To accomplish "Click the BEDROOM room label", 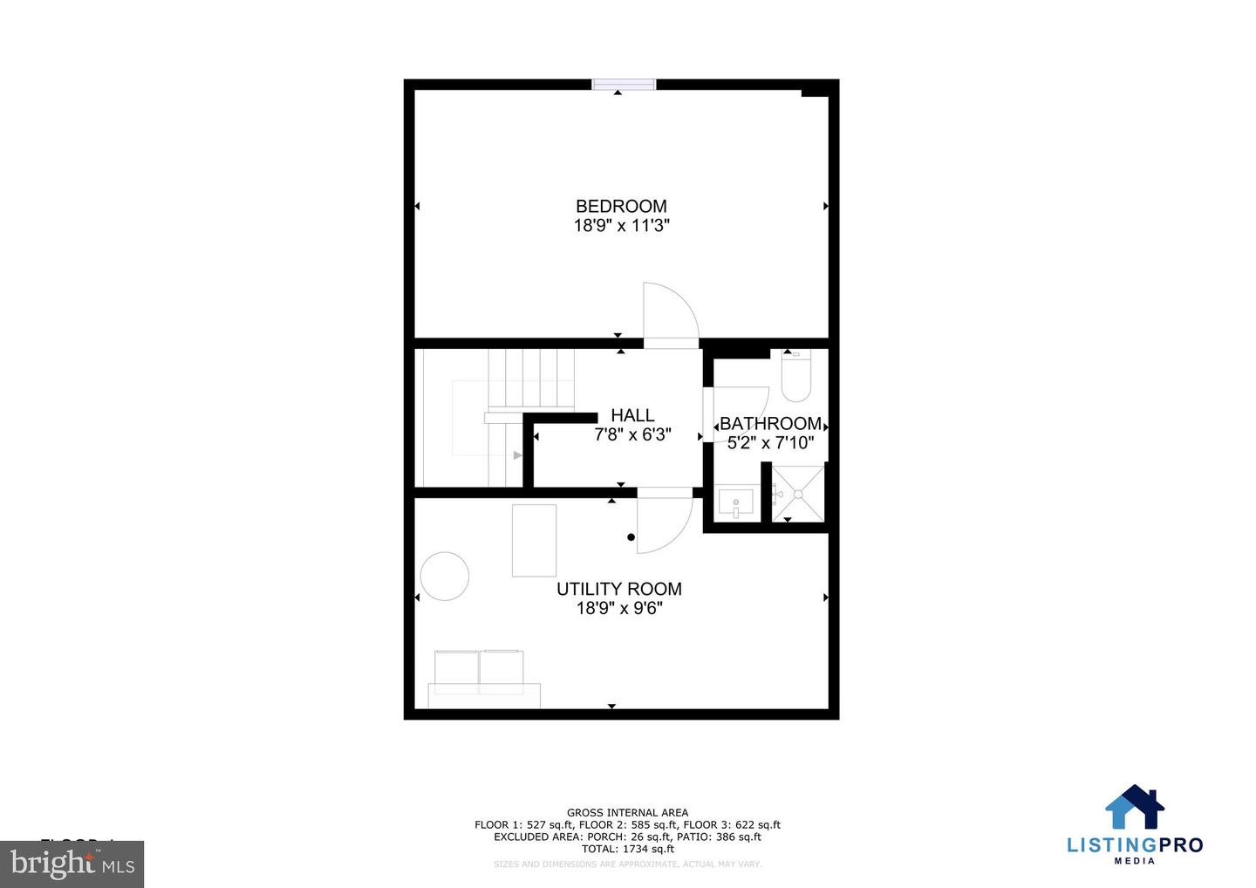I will coord(621,206).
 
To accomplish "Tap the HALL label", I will coord(632,415).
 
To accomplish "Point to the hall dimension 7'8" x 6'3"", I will coord(632,434).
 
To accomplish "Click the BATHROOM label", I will coord(770,424).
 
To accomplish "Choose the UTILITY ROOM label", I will coord(619,589).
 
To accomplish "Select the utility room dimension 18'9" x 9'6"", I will coord(619,608).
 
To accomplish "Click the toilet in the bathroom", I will coord(795,377).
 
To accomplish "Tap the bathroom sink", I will coord(735,503).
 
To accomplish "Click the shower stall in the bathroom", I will coord(798,494).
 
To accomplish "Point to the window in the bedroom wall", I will coord(624,84).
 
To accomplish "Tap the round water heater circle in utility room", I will coord(445,576).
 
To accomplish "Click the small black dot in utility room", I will coord(631,537).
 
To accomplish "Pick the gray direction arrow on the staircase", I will coord(517,455).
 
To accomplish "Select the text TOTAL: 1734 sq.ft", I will coord(627,849).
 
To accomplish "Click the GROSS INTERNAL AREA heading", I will coord(627,812).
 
